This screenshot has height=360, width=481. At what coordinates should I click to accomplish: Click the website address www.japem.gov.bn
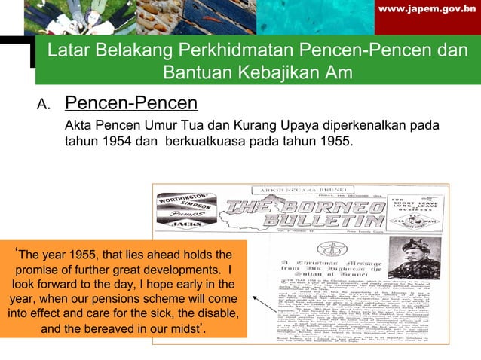tap(430, 11)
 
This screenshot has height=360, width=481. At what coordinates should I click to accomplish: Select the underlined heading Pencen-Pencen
tap(131, 102)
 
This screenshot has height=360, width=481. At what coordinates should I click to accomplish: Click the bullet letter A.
tap(43, 104)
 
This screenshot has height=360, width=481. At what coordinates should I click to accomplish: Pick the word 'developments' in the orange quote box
tap(181, 269)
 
